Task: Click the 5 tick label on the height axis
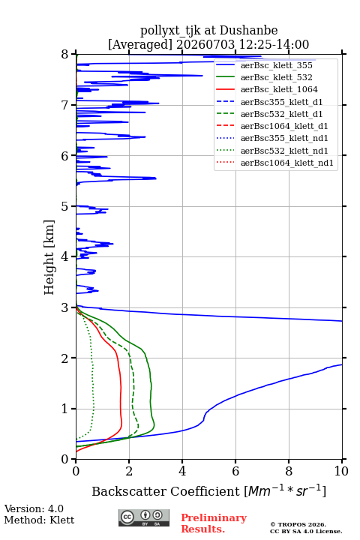pyautogui.click(x=65, y=206)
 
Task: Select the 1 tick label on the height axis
pyautogui.click(x=65, y=409)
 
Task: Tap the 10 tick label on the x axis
pyautogui.click(x=341, y=471)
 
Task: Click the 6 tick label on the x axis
pyautogui.click(x=235, y=471)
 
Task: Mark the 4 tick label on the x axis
pyautogui.click(x=182, y=471)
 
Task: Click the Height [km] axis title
pyautogui.click(x=49, y=257)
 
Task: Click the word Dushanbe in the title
pyautogui.click(x=248, y=31)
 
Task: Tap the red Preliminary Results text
pyautogui.click(x=214, y=523)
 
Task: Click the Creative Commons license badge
pyautogui.click(x=144, y=517)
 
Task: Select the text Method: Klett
pyautogui.click(x=39, y=520)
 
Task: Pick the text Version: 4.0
pyautogui.click(x=34, y=508)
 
